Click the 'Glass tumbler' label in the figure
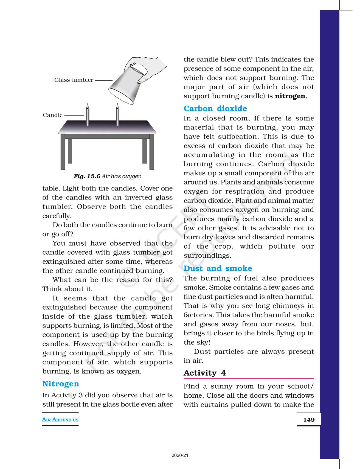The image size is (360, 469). click(74, 80)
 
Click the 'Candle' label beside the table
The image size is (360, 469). click(52, 115)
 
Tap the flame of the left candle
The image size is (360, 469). click(88, 106)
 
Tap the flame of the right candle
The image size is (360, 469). click(117, 106)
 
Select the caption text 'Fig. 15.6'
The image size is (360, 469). click(87, 176)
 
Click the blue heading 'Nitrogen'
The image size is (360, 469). click(61, 384)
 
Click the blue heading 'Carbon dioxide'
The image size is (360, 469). click(215, 109)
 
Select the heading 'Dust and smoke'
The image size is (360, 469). click(218, 268)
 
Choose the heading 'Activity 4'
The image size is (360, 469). click(204, 373)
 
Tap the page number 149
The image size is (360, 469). click(309, 420)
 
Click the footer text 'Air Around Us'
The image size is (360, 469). click(60, 420)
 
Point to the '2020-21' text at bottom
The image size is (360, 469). click(180, 456)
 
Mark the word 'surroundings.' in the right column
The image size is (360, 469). click(207, 256)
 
